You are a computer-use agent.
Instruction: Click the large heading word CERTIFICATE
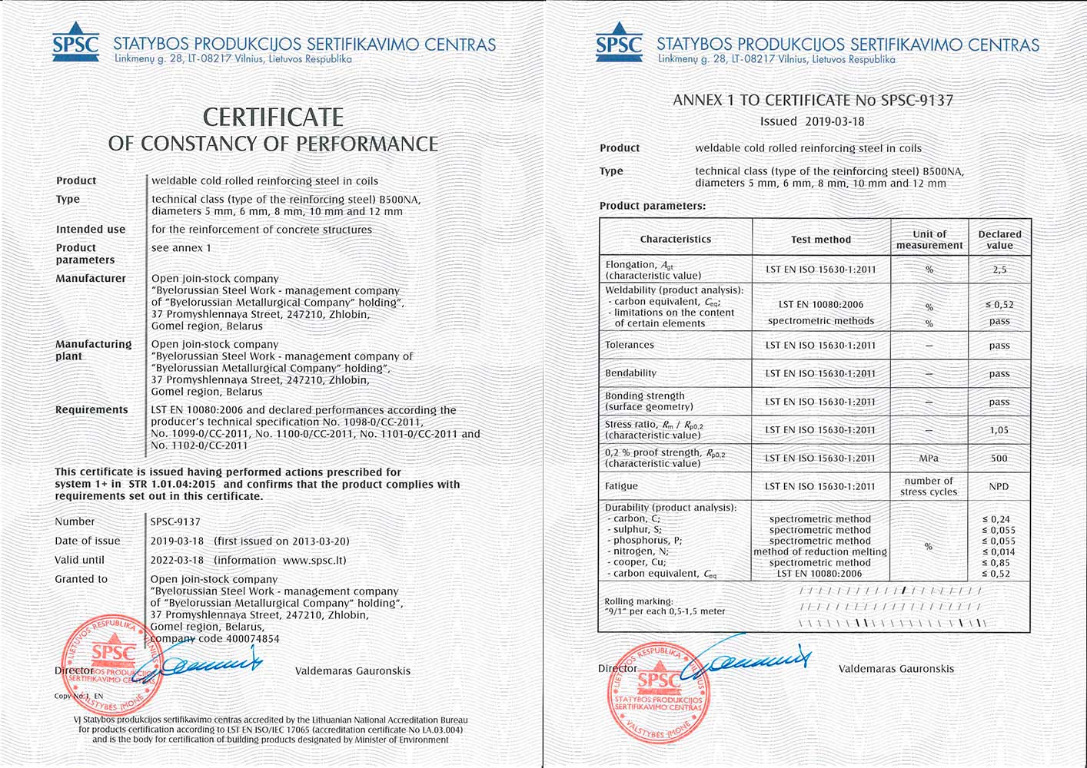(273, 118)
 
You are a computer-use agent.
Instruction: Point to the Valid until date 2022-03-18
(178, 560)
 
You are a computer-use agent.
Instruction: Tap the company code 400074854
(251, 639)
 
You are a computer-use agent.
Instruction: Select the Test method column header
(821, 240)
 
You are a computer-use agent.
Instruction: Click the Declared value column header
(999, 240)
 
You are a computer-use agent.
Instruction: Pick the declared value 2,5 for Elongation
(999, 270)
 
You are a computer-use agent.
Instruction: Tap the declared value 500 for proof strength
(999, 458)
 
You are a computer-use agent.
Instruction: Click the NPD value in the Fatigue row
(999, 487)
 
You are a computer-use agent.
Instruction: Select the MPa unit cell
(929, 458)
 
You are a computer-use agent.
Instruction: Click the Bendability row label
(631, 373)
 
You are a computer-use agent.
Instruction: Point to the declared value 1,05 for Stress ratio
(999, 430)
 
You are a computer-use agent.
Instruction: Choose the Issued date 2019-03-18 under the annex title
(834, 121)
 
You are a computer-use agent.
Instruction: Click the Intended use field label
(91, 230)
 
